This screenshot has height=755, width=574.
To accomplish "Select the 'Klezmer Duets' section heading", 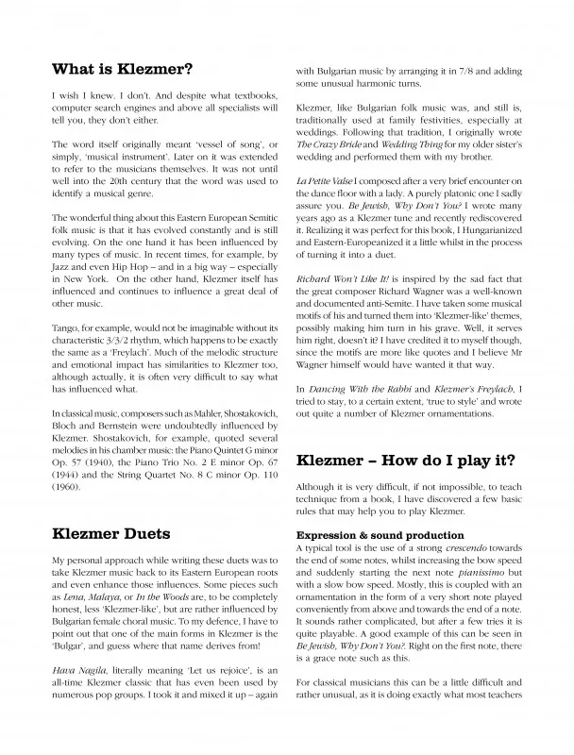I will point(115,533).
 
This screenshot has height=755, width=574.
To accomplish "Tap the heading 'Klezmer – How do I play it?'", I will point(405,461).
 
